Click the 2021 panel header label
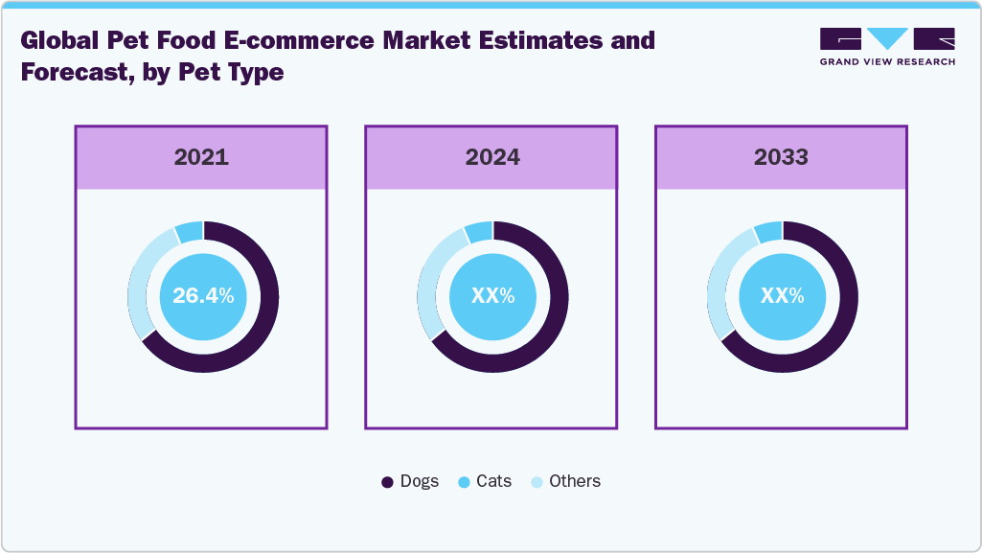tap(201, 157)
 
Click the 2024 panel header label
tap(492, 157)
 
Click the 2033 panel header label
tap(782, 157)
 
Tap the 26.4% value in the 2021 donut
tap(203, 296)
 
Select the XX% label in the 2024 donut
tap(492, 296)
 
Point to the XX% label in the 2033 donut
tap(782, 296)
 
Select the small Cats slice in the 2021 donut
tap(190, 232)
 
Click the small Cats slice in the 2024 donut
tap(479, 232)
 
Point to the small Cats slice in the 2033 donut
tap(768, 232)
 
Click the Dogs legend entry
tap(410, 481)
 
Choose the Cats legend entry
tap(485, 481)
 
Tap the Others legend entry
tap(566, 481)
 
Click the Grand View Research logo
tap(887, 47)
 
